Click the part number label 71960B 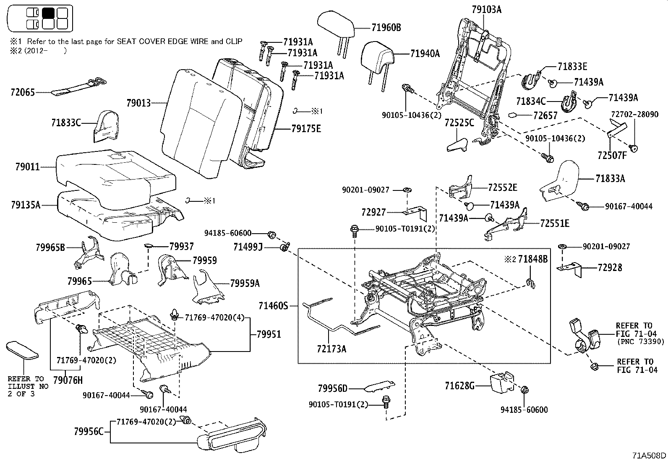coord(386,28)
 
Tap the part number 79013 coord(139,102)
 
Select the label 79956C coord(89,431)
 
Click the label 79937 coord(181,247)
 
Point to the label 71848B coord(532,259)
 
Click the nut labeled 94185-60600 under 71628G coord(524,391)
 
